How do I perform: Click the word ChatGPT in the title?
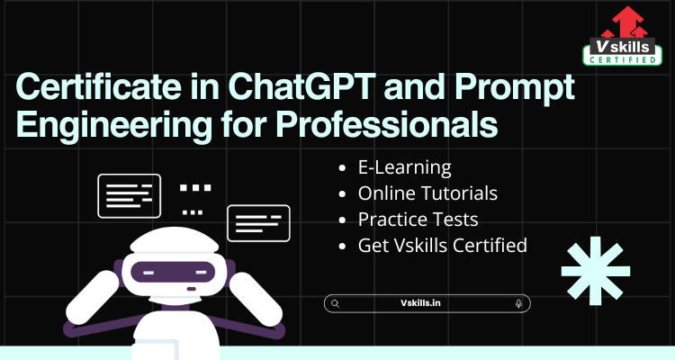pyautogui.click(x=301, y=86)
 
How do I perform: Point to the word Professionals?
pyautogui.click(x=387, y=124)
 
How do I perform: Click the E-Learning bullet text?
pyautogui.click(x=405, y=167)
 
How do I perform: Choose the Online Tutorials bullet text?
pyautogui.click(x=427, y=193)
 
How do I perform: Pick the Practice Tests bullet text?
pyautogui.click(x=418, y=220)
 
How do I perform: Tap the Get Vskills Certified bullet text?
pyautogui.click(x=443, y=246)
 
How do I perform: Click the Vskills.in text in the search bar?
pyautogui.click(x=420, y=303)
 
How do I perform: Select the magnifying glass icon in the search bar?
pyautogui.click(x=336, y=303)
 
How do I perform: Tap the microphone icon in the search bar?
pyautogui.click(x=518, y=303)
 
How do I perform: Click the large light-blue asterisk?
pyautogui.click(x=596, y=271)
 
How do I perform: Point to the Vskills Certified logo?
pyautogui.click(x=623, y=36)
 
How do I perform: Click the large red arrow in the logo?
pyautogui.click(x=628, y=22)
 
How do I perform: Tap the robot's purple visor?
pyautogui.click(x=173, y=272)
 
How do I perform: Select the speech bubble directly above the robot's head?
pyautogui.click(x=129, y=196)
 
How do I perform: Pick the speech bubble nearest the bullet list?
pyautogui.click(x=258, y=223)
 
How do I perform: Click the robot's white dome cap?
pyautogui.click(x=174, y=240)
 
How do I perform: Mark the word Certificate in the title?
pyautogui.click(x=99, y=86)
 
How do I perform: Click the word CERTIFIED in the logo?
pyautogui.click(x=623, y=60)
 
